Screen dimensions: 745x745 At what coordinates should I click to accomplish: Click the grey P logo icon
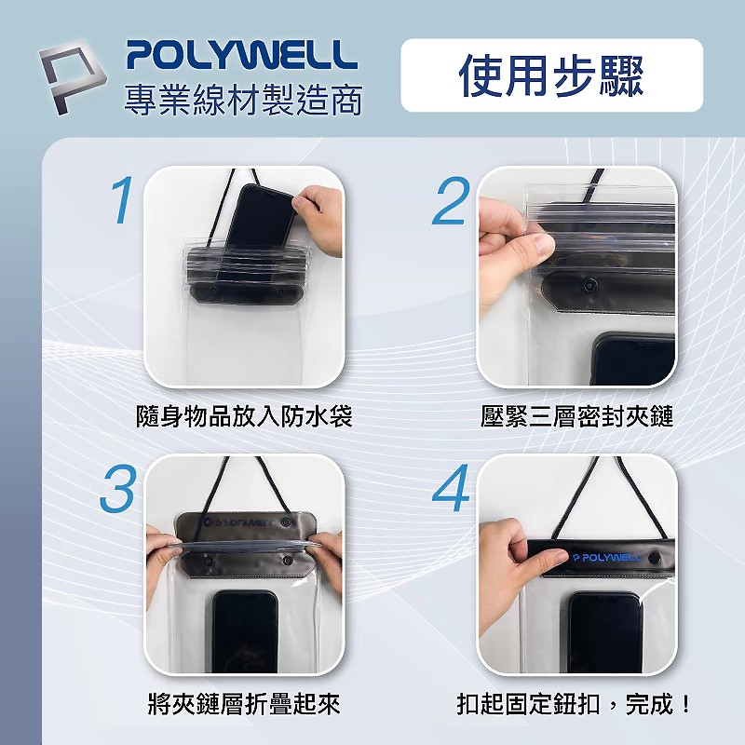pos(72,76)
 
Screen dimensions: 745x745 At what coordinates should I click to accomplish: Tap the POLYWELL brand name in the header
pos(242,55)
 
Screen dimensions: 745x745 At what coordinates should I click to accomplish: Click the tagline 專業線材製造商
pos(243,100)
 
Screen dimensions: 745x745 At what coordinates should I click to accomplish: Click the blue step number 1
pos(122,199)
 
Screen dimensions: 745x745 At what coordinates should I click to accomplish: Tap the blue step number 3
pos(118,488)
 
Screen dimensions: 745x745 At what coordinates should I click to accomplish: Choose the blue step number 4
pos(451,488)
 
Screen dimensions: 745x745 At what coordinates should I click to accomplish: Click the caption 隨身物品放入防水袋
pos(244,416)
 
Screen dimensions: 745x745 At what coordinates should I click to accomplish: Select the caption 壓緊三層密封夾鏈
pos(576,416)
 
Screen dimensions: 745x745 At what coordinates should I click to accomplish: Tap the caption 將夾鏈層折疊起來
pos(244,704)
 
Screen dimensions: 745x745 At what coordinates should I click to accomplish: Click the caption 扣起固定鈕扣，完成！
pos(574,704)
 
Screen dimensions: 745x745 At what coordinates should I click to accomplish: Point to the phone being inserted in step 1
pos(258,228)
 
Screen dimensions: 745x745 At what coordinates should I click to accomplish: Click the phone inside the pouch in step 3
pos(245,631)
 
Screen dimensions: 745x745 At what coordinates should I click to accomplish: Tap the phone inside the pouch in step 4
pos(604,632)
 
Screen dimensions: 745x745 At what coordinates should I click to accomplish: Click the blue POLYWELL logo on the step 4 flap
pos(607,557)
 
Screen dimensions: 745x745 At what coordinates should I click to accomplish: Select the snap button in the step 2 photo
pos(590,285)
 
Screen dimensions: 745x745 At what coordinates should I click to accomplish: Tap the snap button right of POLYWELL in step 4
pos(655,558)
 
